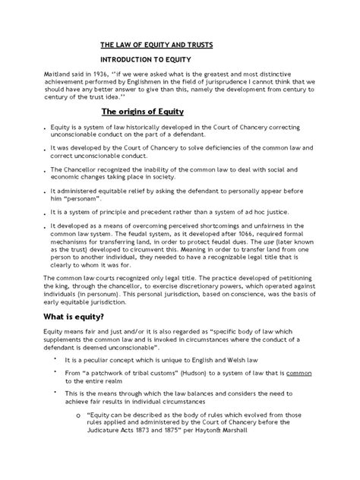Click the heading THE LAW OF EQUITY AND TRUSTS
tap(156, 44)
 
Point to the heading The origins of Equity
tap(144, 110)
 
